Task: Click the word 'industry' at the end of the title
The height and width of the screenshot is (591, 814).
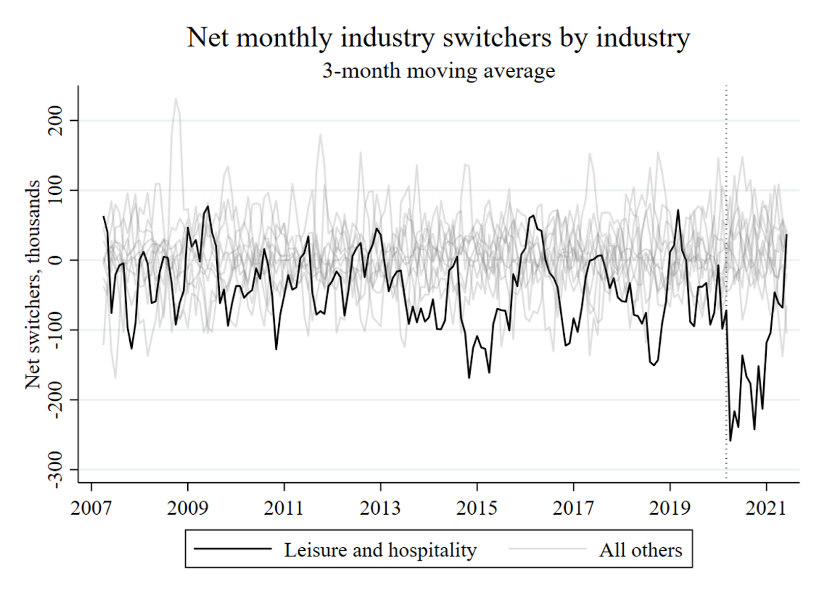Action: click(x=643, y=38)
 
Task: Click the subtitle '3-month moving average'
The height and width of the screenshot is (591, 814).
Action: click(x=439, y=71)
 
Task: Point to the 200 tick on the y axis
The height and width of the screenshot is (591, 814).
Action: click(x=55, y=121)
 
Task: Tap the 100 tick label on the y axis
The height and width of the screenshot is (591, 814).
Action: click(x=55, y=190)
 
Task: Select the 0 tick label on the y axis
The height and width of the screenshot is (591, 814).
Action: click(x=55, y=260)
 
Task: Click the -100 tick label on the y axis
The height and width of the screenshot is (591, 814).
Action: click(x=55, y=330)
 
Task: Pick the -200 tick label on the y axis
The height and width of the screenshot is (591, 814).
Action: click(x=55, y=400)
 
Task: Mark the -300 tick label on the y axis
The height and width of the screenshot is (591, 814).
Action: click(x=55, y=469)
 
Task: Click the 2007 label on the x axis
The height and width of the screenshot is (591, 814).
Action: click(x=91, y=508)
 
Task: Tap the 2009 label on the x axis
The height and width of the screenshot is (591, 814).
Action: click(x=188, y=508)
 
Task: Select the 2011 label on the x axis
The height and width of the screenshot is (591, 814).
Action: click(x=284, y=508)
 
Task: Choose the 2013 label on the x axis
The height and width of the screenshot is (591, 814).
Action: click(x=381, y=508)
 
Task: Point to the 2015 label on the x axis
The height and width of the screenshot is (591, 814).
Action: click(x=477, y=508)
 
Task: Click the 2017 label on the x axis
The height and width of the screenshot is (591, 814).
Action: click(x=573, y=508)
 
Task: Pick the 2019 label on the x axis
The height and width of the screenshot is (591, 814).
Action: click(x=670, y=508)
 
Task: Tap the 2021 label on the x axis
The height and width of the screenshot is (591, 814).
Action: click(x=766, y=508)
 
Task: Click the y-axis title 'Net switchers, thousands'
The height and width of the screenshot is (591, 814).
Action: click(x=34, y=284)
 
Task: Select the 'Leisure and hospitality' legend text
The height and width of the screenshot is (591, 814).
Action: click(x=380, y=550)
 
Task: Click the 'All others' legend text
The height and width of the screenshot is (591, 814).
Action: click(x=641, y=550)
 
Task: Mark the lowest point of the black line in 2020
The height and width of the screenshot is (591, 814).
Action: click(x=731, y=441)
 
